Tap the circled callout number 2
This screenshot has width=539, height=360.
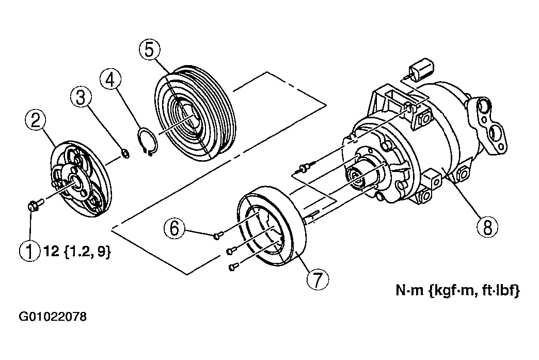[x=36, y=121]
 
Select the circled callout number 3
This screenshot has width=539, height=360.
[x=81, y=97]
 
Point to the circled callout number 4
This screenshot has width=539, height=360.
[x=110, y=80]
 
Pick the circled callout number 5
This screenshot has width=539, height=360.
[x=150, y=50]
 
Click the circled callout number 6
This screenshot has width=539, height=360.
[x=175, y=228]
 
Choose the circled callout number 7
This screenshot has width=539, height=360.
[x=318, y=279]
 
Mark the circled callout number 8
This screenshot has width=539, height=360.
[x=488, y=227]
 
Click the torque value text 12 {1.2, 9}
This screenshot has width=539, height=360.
[x=77, y=252]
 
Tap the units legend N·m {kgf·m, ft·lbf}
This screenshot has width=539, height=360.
[x=457, y=291]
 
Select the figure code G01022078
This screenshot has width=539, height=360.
[x=53, y=316]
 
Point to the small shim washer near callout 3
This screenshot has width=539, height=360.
[x=126, y=153]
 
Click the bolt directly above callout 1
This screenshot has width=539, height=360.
[x=35, y=205]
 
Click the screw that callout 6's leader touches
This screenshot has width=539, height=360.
[x=218, y=235]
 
